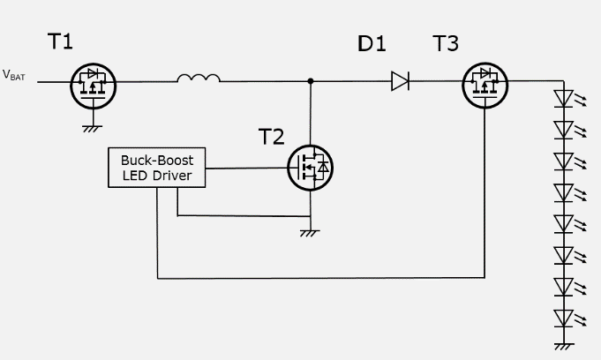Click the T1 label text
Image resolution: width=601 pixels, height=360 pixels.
coord(60,41)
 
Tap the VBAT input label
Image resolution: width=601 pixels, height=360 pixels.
coord(15,77)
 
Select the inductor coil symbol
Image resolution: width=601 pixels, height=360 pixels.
coord(198,79)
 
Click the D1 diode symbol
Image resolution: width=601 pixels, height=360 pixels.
coord(400,81)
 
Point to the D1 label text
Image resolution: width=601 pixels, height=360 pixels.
coord(372,43)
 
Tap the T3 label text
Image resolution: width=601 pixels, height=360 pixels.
coord(447,43)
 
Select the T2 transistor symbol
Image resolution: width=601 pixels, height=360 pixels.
coord(310,165)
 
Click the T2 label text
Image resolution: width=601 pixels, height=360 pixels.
coord(272,137)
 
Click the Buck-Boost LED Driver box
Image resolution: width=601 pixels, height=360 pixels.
coord(156,168)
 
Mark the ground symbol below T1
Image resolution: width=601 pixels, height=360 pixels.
coord(90,128)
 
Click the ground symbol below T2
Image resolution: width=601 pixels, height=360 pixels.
coord(310,232)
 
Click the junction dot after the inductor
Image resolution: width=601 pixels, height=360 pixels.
coord(310,81)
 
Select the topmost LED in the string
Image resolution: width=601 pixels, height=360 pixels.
coord(564,98)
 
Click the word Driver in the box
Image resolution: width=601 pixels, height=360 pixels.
coord(181,176)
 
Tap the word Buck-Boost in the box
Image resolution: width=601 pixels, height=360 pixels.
coord(156,161)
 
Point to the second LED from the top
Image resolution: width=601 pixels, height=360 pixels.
coord(564,130)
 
